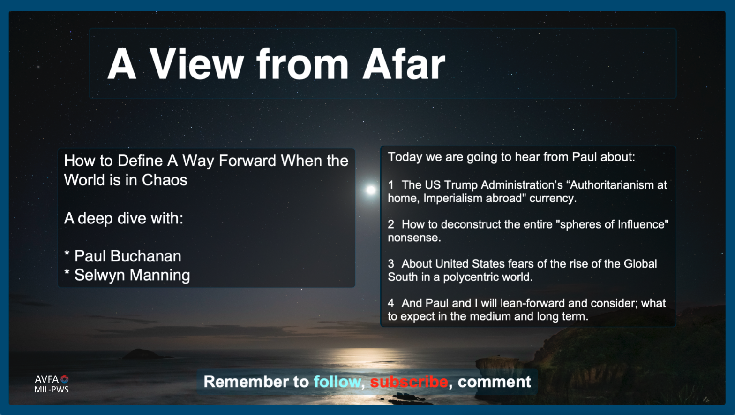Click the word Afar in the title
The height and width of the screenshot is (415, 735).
[x=404, y=64]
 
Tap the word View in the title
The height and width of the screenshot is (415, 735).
[x=196, y=64]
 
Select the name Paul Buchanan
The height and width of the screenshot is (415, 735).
[x=127, y=256]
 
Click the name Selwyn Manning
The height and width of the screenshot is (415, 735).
[x=132, y=275]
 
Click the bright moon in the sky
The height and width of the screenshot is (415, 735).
[x=371, y=190]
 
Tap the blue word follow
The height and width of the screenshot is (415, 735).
[x=337, y=382]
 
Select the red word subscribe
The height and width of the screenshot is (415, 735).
[x=409, y=382]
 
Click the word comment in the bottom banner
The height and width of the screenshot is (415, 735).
[x=494, y=382]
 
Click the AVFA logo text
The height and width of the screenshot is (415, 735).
[x=46, y=379]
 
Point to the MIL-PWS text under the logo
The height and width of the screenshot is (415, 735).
[x=52, y=389]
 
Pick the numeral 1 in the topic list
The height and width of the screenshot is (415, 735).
[x=390, y=185]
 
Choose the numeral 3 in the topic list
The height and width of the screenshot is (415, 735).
[x=390, y=264]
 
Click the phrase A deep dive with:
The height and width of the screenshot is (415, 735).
[x=124, y=218]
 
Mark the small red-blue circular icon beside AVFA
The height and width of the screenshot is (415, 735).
[x=65, y=379]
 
